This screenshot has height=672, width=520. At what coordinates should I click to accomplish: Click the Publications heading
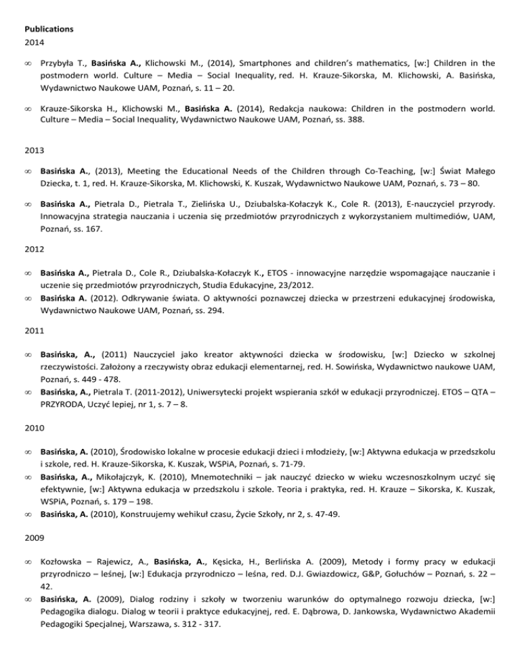pos(47,11)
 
